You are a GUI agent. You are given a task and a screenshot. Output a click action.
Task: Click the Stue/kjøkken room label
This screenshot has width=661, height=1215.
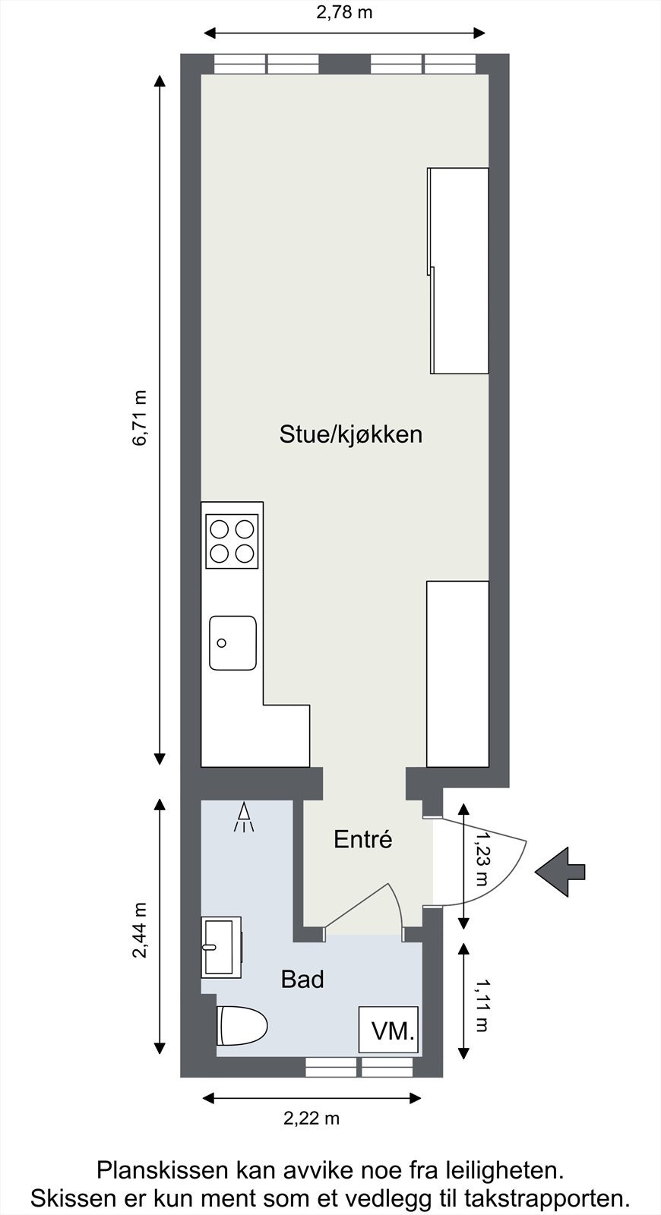coord(350,435)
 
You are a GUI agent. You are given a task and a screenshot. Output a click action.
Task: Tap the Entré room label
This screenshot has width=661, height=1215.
coord(363,840)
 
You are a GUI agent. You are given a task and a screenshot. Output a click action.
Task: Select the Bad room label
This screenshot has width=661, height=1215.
coord(302,980)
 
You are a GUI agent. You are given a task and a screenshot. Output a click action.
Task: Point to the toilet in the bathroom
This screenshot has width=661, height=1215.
coord(242,1026)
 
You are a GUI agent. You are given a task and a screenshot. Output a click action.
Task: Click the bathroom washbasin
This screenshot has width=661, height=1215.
coord(220,947)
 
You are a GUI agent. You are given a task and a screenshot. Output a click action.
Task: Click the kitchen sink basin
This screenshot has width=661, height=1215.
coord(232,642)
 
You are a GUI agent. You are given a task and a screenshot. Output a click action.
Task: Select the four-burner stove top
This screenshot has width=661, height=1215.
coord(232,541)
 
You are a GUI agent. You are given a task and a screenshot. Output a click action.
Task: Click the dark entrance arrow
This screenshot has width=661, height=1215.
coord(561,872)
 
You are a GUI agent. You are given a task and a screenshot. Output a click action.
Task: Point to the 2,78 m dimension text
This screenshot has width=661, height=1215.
coord(344,12)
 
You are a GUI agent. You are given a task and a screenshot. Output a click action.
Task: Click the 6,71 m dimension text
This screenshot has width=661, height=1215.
coord(140,418)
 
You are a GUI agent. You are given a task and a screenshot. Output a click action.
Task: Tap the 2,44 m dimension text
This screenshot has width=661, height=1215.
coord(140,930)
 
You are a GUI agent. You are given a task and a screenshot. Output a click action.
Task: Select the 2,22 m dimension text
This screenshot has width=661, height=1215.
coord(312,1118)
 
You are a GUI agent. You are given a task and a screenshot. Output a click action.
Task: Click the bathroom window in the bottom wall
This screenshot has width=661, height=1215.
coord(359,1067)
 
